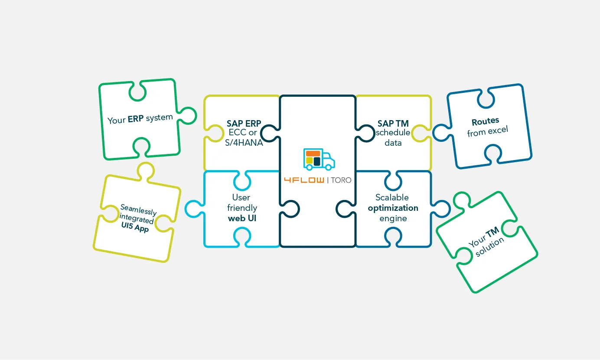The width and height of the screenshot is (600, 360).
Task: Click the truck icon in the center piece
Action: [x=319, y=159]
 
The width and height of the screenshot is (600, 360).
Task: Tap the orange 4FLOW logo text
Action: [x=303, y=180]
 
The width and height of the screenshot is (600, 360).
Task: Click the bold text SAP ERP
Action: [x=244, y=124]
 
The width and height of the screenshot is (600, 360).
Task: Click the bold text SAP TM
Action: [x=393, y=124]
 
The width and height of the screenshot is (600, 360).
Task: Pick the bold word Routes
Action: [x=485, y=121]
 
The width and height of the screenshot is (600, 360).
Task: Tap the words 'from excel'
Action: [x=487, y=131]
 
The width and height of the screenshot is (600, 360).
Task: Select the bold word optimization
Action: [x=393, y=208]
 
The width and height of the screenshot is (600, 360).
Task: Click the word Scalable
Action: [x=392, y=197]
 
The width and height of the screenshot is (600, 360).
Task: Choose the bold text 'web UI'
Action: [x=242, y=218]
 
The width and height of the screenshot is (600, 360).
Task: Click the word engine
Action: [x=393, y=218]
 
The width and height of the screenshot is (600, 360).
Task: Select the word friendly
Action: [x=242, y=208]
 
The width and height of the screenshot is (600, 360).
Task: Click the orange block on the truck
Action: [x=313, y=153]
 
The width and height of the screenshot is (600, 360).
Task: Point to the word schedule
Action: [x=393, y=133]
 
